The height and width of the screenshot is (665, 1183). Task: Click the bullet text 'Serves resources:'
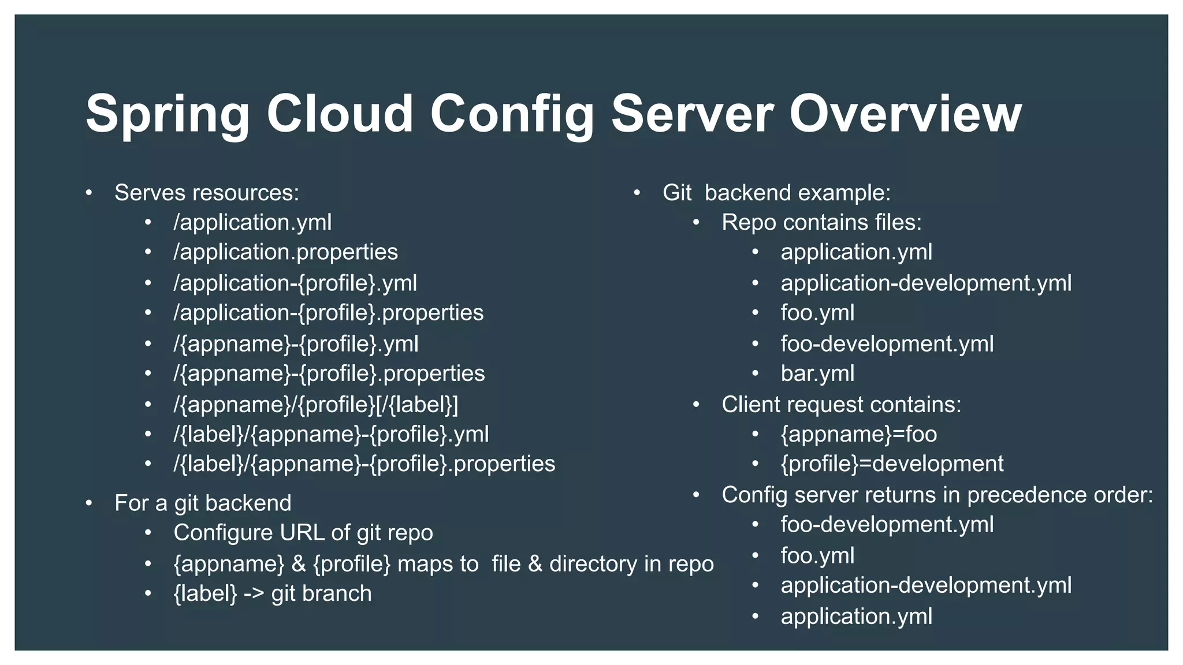207,193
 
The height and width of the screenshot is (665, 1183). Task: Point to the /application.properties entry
285,252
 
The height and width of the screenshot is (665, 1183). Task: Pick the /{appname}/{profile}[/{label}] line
315,405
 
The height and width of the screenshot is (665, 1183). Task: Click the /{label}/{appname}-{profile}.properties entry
364,464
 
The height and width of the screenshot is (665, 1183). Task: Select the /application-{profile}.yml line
295,283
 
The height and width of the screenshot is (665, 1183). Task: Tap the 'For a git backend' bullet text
203,503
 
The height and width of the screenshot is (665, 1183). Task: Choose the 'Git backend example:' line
776,193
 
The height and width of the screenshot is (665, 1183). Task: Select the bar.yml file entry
817,373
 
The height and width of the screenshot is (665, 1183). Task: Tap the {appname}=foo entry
858,434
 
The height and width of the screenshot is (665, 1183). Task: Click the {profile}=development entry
892,464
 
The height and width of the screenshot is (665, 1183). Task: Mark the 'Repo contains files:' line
821,223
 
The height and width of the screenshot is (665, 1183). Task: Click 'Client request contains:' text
841,405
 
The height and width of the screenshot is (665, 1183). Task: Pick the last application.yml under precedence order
856,617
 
